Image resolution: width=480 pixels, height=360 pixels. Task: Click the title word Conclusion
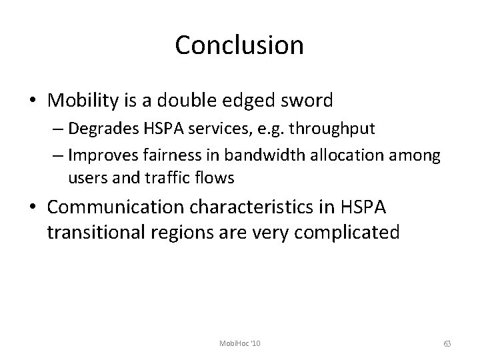click(239, 45)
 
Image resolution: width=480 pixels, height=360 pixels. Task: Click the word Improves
click(95, 157)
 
